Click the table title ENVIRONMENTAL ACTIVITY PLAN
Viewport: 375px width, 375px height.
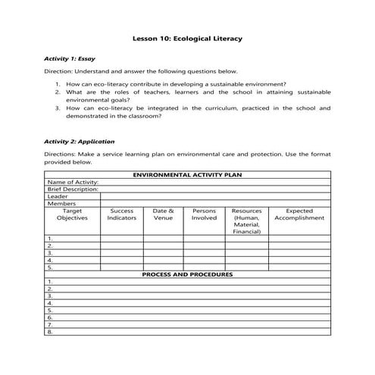187,174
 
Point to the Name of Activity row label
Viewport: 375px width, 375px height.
73,182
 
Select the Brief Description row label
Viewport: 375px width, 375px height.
73,189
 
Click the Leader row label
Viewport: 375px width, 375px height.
58,196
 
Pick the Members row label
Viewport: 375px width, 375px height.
61,203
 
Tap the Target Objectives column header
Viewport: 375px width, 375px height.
72,214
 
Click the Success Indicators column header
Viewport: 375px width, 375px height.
121,214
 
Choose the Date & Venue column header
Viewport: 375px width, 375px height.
163,214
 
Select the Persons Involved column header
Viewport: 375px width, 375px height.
204,214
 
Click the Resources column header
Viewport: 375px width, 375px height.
246,221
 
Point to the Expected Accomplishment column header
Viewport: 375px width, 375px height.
299,214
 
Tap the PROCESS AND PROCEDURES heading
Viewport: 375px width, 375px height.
187,274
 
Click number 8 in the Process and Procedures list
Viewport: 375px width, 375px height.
50,332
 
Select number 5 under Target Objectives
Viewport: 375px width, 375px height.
50,267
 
